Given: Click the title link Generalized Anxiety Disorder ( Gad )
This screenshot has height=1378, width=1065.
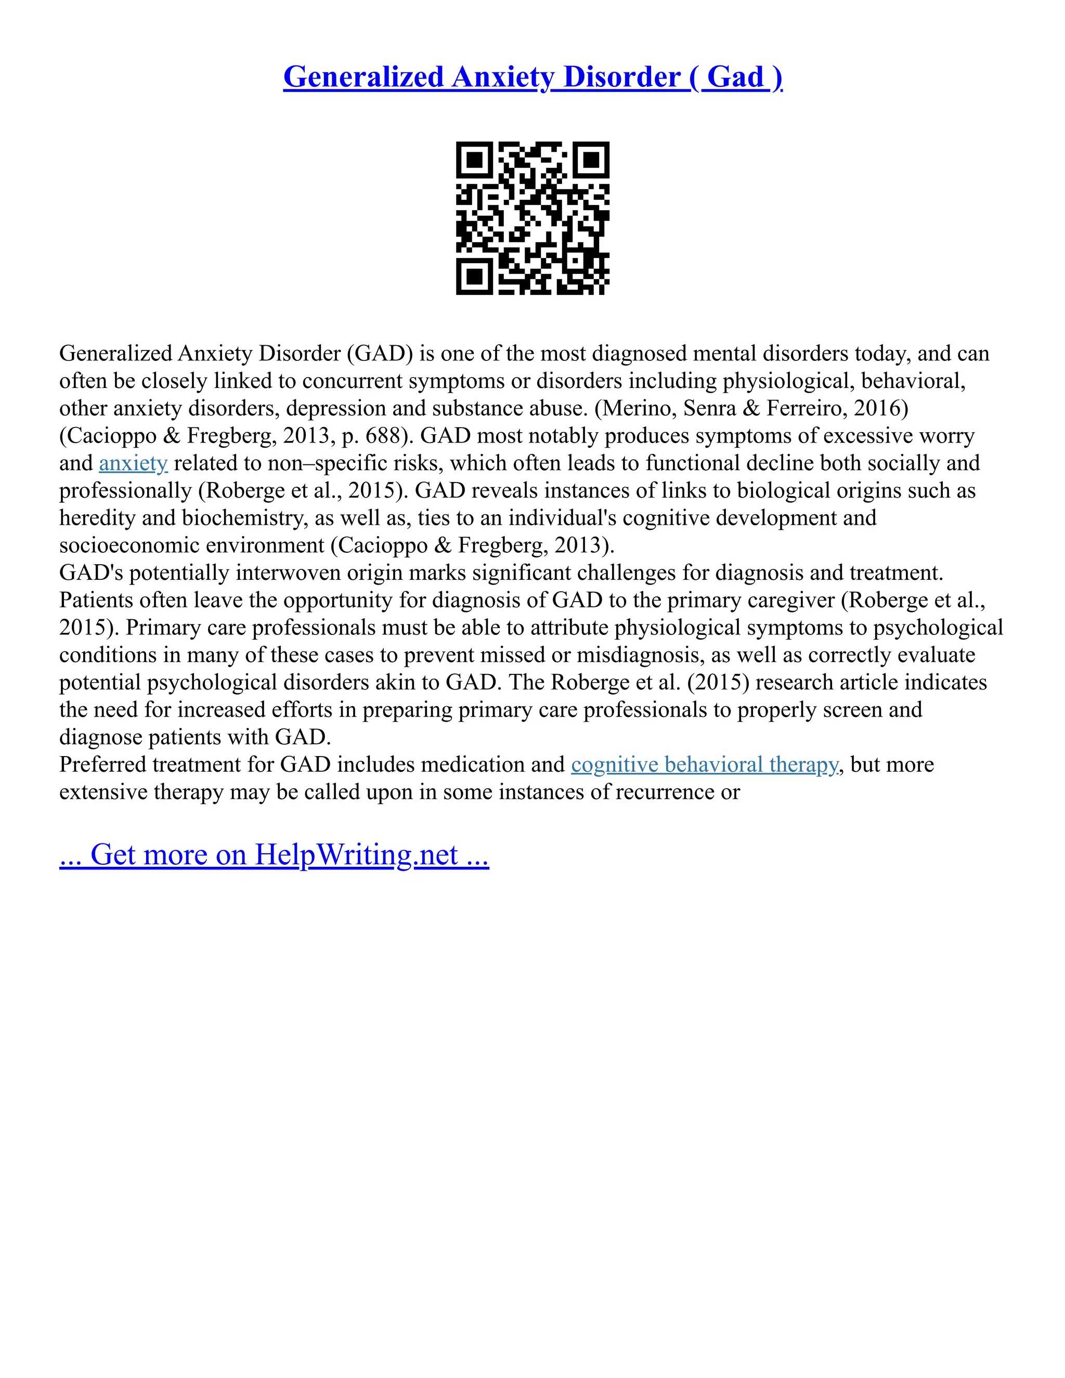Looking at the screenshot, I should pyautogui.click(x=532, y=77).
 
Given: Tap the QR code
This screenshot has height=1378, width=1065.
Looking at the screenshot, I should pyautogui.click(x=532, y=218).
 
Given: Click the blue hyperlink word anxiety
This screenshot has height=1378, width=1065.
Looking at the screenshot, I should pyautogui.click(x=133, y=463).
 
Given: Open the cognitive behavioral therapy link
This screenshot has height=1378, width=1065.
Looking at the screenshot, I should pyautogui.click(x=705, y=765).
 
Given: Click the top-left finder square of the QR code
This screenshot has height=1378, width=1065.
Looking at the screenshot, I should pyautogui.click(x=474, y=160).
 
